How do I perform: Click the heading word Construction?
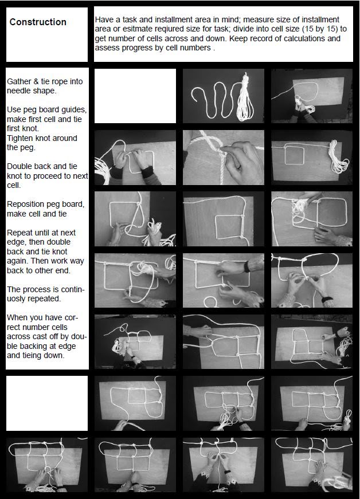tap(38, 22)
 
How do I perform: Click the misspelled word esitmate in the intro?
tap(136, 29)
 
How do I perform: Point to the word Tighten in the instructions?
tap(21, 138)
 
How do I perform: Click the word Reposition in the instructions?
tap(26, 205)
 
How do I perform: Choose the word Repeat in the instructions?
tap(19, 233)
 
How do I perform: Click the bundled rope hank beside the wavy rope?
tap(245, 97)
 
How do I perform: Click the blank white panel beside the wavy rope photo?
tap(135, 96)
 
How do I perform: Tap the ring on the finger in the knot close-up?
tap(240, 166)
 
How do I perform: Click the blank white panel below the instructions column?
tap(47, 403)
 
